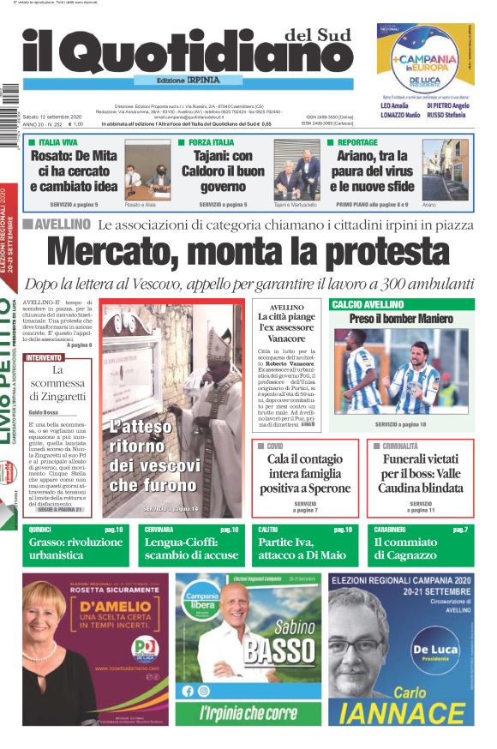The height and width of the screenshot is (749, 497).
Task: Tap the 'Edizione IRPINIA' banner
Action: (188, 80)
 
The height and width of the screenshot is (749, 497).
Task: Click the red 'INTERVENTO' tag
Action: (45, 357)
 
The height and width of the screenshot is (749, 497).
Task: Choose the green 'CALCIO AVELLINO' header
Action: (368, 304)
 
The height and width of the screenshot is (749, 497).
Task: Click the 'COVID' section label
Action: (274, 446)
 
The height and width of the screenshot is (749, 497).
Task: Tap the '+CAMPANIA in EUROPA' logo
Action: (426, 63)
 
